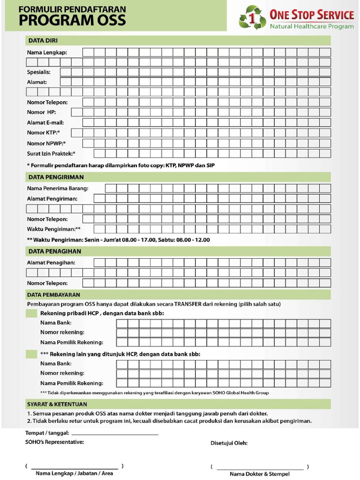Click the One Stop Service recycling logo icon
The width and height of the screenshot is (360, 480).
click(x=253, y=17)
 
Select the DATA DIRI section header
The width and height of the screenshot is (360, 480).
click(x=43, y=41)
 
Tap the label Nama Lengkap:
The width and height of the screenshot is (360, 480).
click(x=47, y=52)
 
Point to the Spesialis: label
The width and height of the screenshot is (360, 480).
click(x=38, y=72)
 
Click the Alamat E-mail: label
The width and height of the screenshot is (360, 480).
click(x=45, y=122)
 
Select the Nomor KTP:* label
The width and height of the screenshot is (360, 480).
click(x=43, y=133)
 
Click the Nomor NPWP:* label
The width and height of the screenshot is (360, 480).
click(x=46, y=143)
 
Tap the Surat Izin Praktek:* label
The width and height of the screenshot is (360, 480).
click(x=51, y=153)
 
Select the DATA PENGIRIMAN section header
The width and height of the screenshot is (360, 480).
click(x=56, y=177)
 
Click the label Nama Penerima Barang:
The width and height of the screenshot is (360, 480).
click(x=58, y=188)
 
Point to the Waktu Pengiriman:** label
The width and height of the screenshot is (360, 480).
click(x=54, y=229)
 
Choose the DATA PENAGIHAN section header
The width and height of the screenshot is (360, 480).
click(x=54, y=252)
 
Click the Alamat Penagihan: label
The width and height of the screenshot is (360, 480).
click(x=51, y=263)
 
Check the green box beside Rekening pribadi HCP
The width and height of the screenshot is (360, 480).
click(x=31, y=313)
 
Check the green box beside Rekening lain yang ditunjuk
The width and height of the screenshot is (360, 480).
click(x=31, y=354)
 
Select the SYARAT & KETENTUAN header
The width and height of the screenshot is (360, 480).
click(x=57, y=404)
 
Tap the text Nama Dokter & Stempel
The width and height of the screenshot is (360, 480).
click(x=260, y=474)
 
